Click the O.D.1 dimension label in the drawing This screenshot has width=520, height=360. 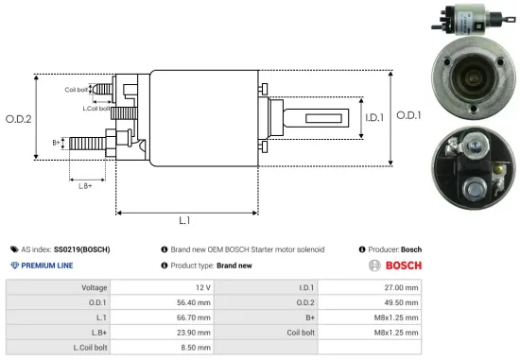(x=407, y=114)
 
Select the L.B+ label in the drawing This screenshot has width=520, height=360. (x=85, y=186)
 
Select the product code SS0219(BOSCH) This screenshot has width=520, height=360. (x=81, y=249)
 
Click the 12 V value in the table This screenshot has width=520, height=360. (x=200, y=287)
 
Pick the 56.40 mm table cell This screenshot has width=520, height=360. (x=193, y=303)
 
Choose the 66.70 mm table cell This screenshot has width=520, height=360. (x=193, y=319)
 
